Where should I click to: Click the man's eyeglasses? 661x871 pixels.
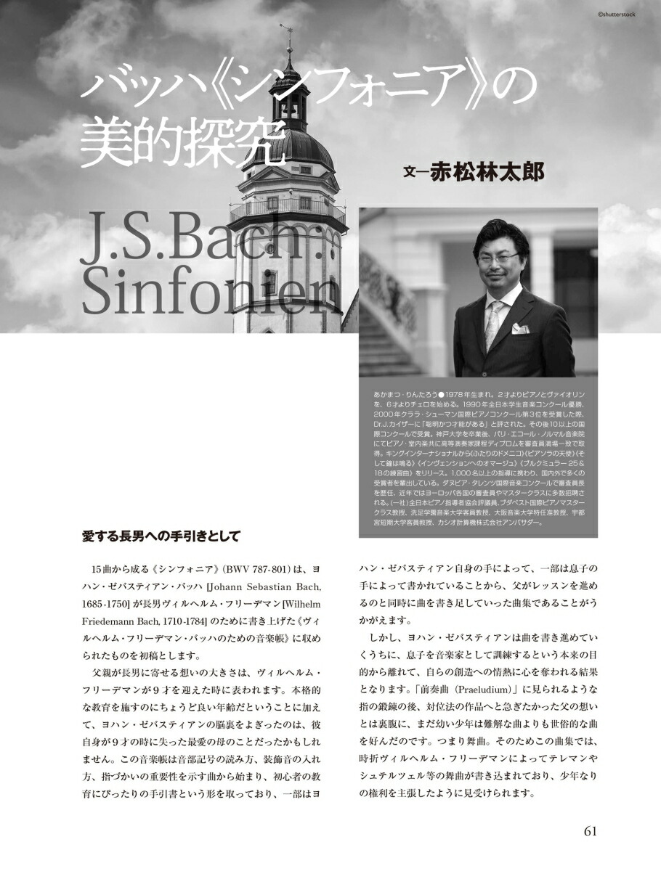(499, 257)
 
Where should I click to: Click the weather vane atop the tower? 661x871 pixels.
(287, 33)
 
